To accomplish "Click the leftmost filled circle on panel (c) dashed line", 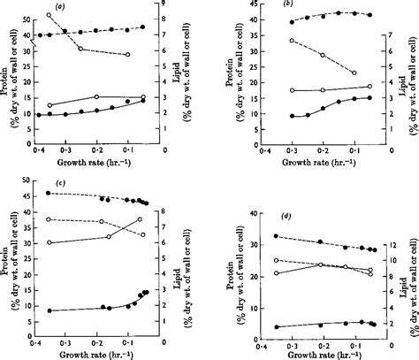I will [48, 193].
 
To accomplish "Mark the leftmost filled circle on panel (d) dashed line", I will [278, 236].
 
